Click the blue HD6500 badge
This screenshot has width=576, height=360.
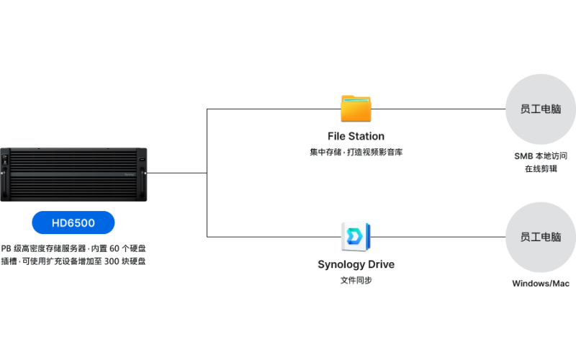(73, 222)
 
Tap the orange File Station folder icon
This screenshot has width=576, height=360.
(356, 108)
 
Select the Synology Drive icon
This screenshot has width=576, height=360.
(356, 235)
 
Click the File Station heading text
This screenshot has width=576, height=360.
(356, 136)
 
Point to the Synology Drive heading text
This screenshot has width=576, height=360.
(356, 264)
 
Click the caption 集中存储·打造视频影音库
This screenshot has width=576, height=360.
(356, 152)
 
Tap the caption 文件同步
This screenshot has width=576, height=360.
(356, 280)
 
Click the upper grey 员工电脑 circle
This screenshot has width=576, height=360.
(541, 109)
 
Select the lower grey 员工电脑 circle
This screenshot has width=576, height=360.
(541, 237)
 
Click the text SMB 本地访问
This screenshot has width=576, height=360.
(541, 156)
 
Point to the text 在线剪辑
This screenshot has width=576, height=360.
(541, 169)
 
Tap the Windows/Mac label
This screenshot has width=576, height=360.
(541, 284)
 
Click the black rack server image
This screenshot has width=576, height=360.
(73, 174)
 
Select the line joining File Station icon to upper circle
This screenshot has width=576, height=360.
(439, 109)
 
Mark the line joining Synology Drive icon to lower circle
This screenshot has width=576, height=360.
(439, 237)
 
